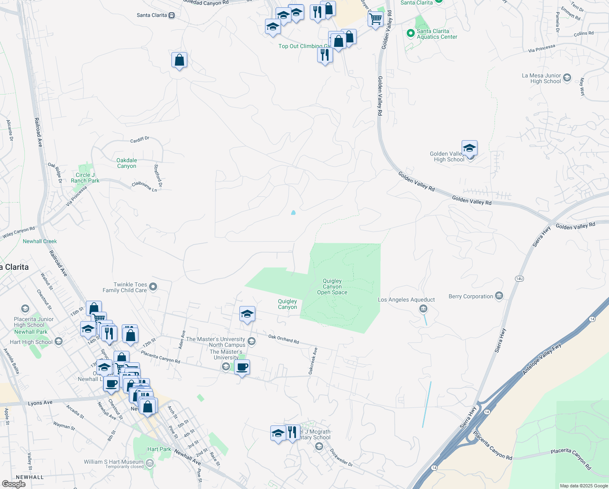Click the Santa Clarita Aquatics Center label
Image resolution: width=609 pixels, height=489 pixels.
tap(437, 34)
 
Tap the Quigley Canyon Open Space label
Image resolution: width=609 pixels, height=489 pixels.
tap(332, 286)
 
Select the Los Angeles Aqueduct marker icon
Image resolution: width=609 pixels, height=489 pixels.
tap(423, 309)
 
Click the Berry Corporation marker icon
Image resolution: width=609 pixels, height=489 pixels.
tap(499, 296)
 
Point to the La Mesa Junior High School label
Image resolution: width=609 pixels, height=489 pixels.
tap(541, 78)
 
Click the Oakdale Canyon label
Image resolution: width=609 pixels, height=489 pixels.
tap(127, 163)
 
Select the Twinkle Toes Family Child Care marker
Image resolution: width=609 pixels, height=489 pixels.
tap(153, 287)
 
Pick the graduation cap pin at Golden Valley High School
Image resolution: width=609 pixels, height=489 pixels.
tap(469, 148)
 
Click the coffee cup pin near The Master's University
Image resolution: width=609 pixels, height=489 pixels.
tap(242, 367)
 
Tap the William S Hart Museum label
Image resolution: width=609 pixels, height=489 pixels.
tap(114, 462)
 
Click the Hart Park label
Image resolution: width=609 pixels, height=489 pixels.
tap(159, 449)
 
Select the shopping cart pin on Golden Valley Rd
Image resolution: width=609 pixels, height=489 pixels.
tap(375, 18)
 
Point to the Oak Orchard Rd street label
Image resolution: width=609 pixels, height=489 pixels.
tap(284, 339)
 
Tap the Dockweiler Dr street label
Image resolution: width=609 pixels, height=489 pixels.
tap(341, 457)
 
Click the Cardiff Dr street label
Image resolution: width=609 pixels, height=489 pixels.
tap(140, 139)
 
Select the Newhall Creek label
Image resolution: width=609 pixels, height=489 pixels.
tap(39, 241)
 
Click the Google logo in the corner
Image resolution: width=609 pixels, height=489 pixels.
tap(13, 484)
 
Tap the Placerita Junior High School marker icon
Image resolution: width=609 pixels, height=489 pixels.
tap(25, 308)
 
